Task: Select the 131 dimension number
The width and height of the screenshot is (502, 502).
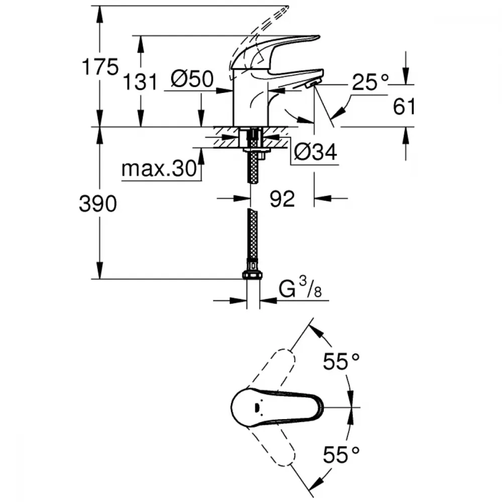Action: (140, 81)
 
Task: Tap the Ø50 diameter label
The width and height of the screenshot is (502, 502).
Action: (192, 79)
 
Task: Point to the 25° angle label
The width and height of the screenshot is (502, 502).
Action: (370, 82)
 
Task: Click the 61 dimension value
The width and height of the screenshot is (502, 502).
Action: (404, 106)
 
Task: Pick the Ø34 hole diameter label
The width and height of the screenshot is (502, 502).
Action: (315, 152)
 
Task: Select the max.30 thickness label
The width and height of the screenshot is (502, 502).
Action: (158, 170)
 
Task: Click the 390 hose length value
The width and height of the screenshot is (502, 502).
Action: (98, 203)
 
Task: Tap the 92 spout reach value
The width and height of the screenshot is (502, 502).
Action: (282, 199)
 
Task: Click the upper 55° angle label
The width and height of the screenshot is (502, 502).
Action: (341, 361)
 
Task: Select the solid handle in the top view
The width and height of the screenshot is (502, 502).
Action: (276, 407)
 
